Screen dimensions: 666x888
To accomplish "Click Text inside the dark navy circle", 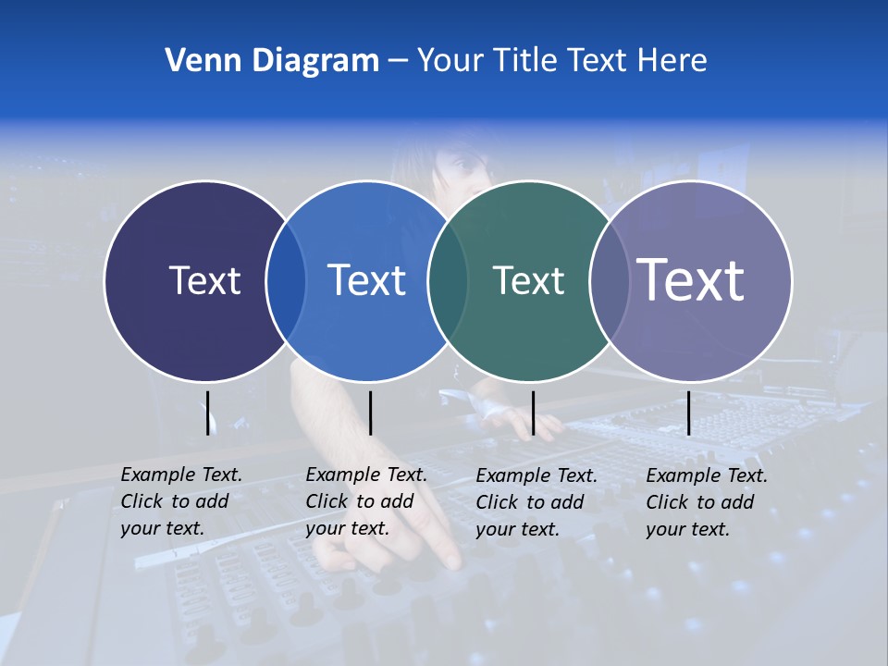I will [x=204, y=280].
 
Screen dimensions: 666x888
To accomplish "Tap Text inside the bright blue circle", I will [x=366, y=280].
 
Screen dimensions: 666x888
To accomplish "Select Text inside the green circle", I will [x=528, y=280].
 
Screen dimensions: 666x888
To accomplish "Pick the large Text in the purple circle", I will [x=691, y=280].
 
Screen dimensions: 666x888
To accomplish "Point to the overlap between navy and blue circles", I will [x=286, y=281].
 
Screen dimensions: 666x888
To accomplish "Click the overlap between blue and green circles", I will [x=448, y=281].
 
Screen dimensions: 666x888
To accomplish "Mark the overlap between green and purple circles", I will [x=610, y=281].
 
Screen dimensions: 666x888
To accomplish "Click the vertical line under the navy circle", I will [x=207, y=413].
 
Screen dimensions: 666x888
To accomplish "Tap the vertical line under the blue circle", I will [x=370, y=413].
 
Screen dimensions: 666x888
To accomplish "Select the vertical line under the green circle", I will [x=533, y=413].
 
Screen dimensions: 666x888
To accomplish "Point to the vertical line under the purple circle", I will [x=688, y=413].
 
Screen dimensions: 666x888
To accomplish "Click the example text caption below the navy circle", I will [x=181, y=501].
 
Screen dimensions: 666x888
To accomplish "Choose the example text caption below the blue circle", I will [x=366, y=501].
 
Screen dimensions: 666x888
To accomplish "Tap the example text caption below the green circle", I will [x=536, y=502].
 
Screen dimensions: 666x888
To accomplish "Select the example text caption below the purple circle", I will [x=707, y=502].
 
